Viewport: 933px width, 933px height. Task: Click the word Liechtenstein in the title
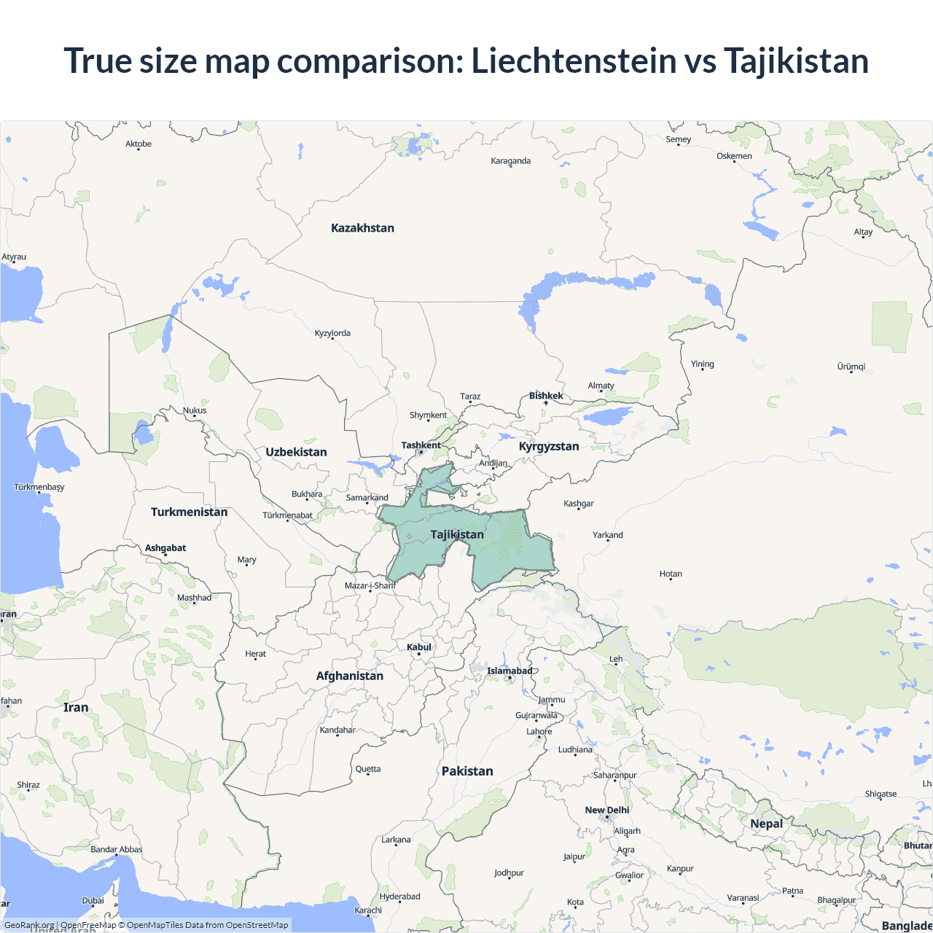pos(574,60)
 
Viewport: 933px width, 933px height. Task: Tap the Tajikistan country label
pos(457,534)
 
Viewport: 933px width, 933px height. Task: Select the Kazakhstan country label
pos(362,228)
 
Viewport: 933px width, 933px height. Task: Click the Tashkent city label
pos(421,445)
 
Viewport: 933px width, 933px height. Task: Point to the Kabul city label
pos(419,647)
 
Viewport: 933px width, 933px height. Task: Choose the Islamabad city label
pos(510,671)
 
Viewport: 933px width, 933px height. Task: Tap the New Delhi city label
pos(606,810)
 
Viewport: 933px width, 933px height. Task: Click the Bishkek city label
pos(546,396)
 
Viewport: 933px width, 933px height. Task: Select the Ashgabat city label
pos(165,548)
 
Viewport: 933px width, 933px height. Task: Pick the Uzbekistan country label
pos(296,452)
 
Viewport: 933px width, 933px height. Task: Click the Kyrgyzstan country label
pos(549,446)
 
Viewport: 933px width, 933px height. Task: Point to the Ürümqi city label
pos(851,367)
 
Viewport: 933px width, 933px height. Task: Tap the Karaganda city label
pos(510,161)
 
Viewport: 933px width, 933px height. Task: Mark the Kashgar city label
pos(579,504)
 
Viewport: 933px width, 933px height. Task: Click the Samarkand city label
pos(367,498)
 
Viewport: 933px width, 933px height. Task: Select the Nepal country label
pos(766,824)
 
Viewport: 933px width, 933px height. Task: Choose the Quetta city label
pos(368,769)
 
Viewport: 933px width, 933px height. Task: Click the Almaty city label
pos(601,386)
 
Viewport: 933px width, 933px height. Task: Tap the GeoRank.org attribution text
pos(29,925)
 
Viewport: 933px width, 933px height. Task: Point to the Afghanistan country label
pos(349,676)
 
